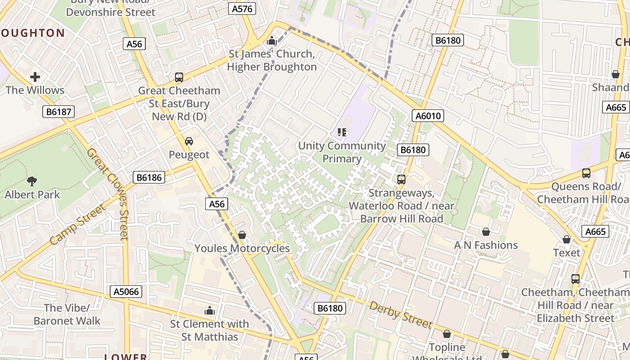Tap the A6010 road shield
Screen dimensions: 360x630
pyautogui.click(x=428, y=116)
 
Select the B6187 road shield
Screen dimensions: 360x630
pyautogui.click(x=59, y=112)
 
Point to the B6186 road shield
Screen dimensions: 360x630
pyautogui.click(x=149, y=177)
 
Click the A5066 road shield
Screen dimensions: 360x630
pyautogui.click(x=126, y=292)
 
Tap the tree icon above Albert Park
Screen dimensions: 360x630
pyautogui.click(x=32, y=181)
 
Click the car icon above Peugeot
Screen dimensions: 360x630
pyautogui.click(x=189, y=141)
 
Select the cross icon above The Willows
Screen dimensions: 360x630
pyautogui.click(x=35, y=77)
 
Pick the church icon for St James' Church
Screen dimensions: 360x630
pyautogui.click(x=271, y=41)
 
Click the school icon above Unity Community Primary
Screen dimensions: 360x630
pyautogui.click(x=342, y=132)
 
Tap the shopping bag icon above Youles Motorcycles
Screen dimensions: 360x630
pyautogui.click(x=242, y=235)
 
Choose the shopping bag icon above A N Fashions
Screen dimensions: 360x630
pyautogui.click(x=486, y=232)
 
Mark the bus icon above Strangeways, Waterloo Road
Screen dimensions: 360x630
pyautogui.click(x=401, y=180)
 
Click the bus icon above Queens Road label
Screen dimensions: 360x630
pyautogui.click(x=586, y=173)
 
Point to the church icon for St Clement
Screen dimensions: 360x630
pyautogui.click(x=209, y=310)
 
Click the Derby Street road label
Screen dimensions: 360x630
pyautogui.click(x=400, y=315)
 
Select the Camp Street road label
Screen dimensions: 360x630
pyautogui.click(x=77, y=225)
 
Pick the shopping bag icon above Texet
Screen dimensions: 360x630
pyautogui.click(x=567, y=239)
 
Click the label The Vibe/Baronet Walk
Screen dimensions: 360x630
pyautogui.click(x=67, y=314)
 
